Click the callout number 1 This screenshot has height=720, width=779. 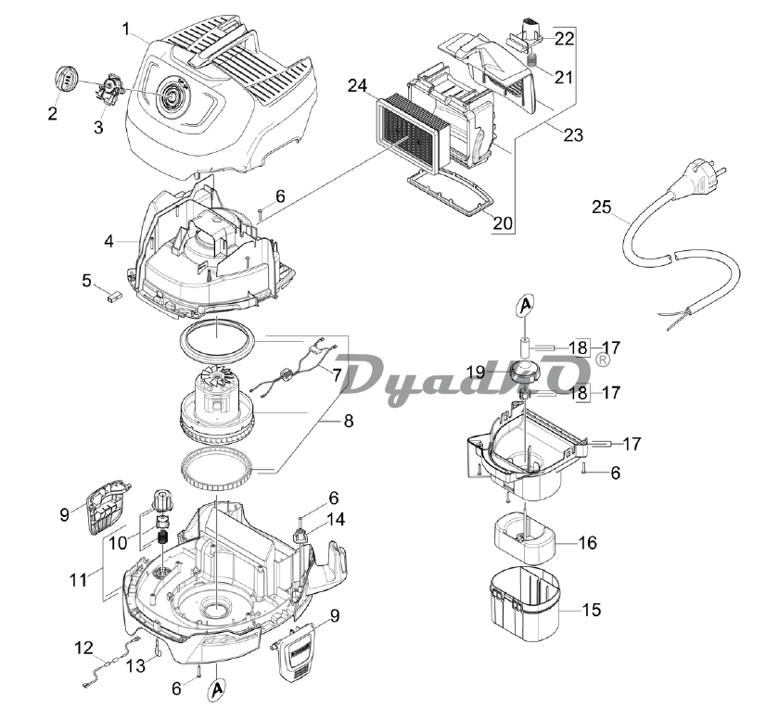coord(126,29)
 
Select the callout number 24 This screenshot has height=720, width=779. coord(357,86)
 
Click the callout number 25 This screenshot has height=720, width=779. coord(602,207)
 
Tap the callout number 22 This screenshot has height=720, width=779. coord(565,38)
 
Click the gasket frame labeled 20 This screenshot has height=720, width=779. coord(450,192)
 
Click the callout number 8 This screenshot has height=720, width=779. coord(349,421)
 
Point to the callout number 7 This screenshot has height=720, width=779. coord(338,375)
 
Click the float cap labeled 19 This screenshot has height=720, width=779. coord(527,371)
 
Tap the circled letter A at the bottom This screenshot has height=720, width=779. coord(215,690)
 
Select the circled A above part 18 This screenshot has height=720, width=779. coord(526,306)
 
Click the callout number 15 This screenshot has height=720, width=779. coord(592,610)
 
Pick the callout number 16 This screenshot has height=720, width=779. coord(587,543)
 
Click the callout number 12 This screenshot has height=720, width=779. coord(83,648)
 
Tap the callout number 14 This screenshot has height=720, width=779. coord(336,520)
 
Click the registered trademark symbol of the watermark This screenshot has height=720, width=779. coord(602,360)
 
